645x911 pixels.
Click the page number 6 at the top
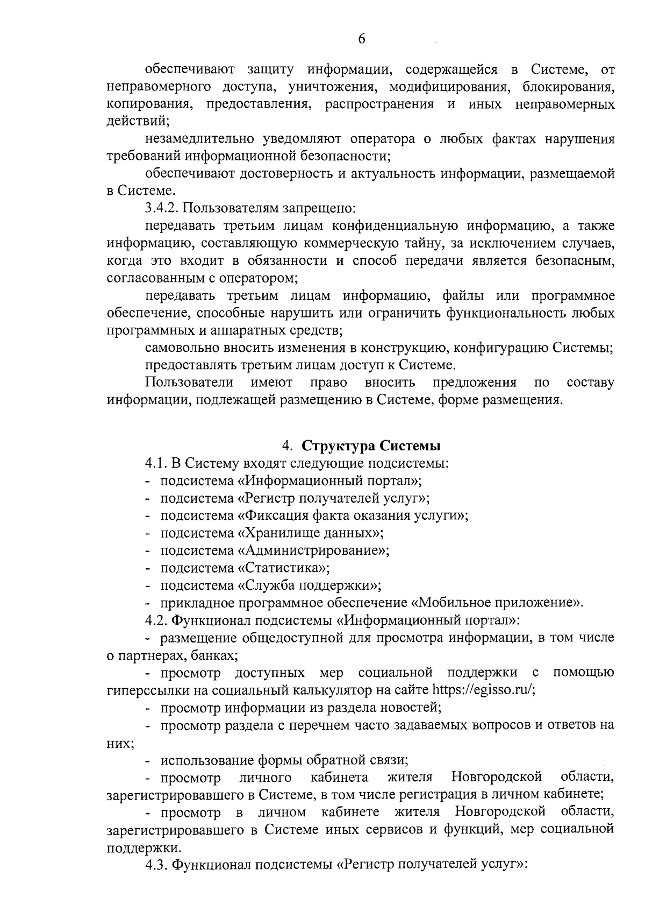(361, 39)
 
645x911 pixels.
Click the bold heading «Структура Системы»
(371, 446)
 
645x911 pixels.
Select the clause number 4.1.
(155, 463)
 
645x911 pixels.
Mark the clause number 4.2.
(155, 620)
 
